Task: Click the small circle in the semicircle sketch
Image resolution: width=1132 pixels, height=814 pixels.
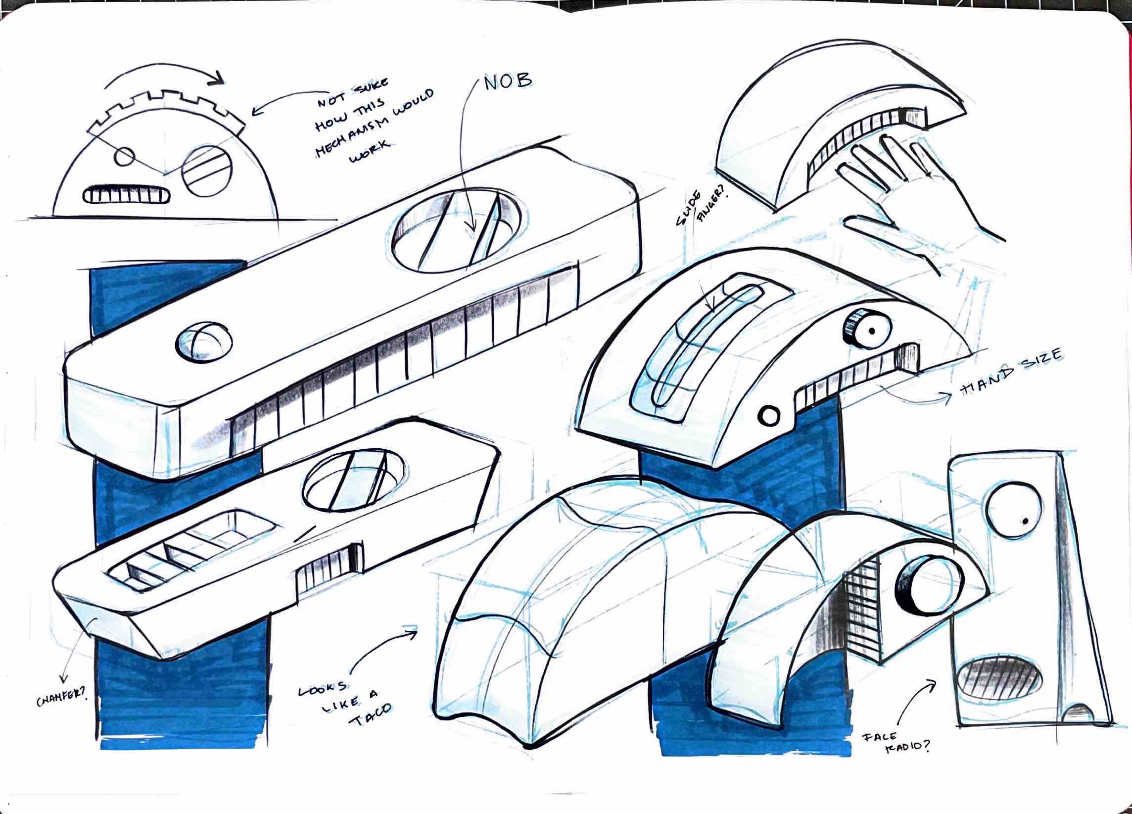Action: [124, 156]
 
